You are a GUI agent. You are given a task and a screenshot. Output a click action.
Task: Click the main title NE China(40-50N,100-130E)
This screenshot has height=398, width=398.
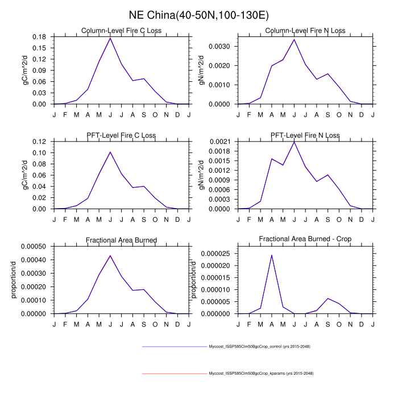point(199,14)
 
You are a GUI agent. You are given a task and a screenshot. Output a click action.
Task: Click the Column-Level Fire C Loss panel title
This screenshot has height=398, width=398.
point(121,30)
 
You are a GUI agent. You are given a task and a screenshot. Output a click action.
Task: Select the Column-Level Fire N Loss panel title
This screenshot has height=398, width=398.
point(305,30)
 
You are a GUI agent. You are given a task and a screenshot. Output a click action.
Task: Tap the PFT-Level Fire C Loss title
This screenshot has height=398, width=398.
point(121,135)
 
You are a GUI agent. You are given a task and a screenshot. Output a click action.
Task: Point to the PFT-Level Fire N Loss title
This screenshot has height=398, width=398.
point(305,135)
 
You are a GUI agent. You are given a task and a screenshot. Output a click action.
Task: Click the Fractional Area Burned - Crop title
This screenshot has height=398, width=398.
point(305,240)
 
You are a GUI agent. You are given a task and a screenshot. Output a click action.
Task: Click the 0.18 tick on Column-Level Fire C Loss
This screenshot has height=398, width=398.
point(39,36)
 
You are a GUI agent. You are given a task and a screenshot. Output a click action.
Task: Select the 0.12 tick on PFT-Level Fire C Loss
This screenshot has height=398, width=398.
point(39,142)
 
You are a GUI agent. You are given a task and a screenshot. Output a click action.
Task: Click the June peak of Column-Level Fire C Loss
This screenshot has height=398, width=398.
point(110,38)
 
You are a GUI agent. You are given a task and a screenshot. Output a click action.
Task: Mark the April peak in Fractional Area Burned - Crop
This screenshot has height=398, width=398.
point(272,255)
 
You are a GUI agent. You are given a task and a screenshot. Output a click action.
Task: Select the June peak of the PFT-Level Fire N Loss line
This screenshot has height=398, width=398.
point(294,142)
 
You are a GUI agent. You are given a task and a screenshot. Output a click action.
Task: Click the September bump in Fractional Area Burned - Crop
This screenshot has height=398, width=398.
point(327,298)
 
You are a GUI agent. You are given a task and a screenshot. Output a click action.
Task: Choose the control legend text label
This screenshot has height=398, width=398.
point(259,346)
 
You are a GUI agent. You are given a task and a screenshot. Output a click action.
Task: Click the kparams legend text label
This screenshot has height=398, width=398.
point(261,374)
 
